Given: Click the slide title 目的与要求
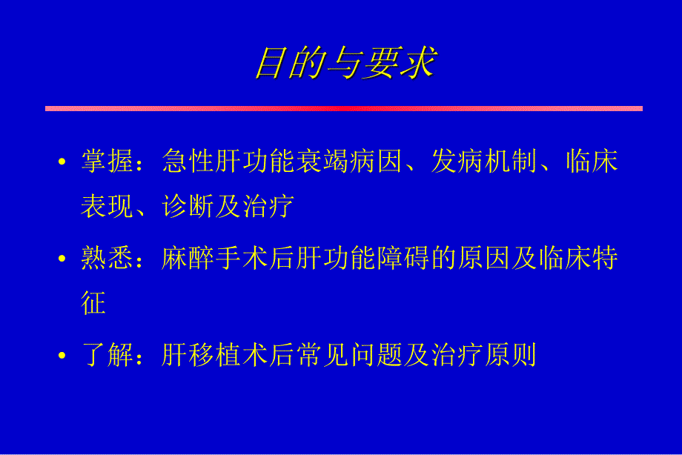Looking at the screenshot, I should click(345, 63).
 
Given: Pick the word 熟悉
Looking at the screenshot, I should click(107, 259).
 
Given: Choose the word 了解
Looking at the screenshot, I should click(107, 357).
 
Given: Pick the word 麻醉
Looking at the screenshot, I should click(188, 259).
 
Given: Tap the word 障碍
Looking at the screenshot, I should click(401, 259).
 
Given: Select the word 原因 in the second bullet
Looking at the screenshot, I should click(482, 259).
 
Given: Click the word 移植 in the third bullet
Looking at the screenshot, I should click(214, 357).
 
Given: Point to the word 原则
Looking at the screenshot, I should click(509, 357).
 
